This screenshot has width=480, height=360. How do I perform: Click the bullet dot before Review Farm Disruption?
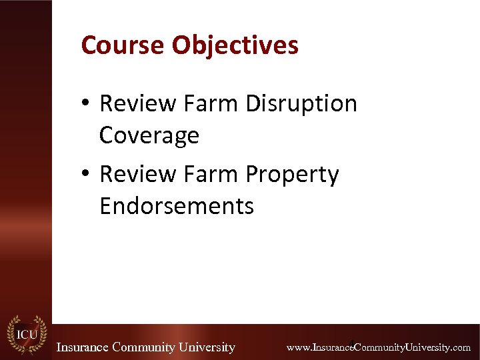click(x=87, y=104)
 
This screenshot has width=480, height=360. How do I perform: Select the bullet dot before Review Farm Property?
click(x=87, y=175)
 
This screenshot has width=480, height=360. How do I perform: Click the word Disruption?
click(x=301, y=105)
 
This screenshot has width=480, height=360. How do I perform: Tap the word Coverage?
click(x=149, y=135)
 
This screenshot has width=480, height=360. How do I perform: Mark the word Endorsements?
click(x=177, y=206)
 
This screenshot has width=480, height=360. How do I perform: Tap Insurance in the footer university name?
click(x=83, y=347)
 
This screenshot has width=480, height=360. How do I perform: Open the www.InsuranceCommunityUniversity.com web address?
click(x=379, y=347)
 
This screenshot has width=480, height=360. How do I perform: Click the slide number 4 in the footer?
click(x=352, y=342)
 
